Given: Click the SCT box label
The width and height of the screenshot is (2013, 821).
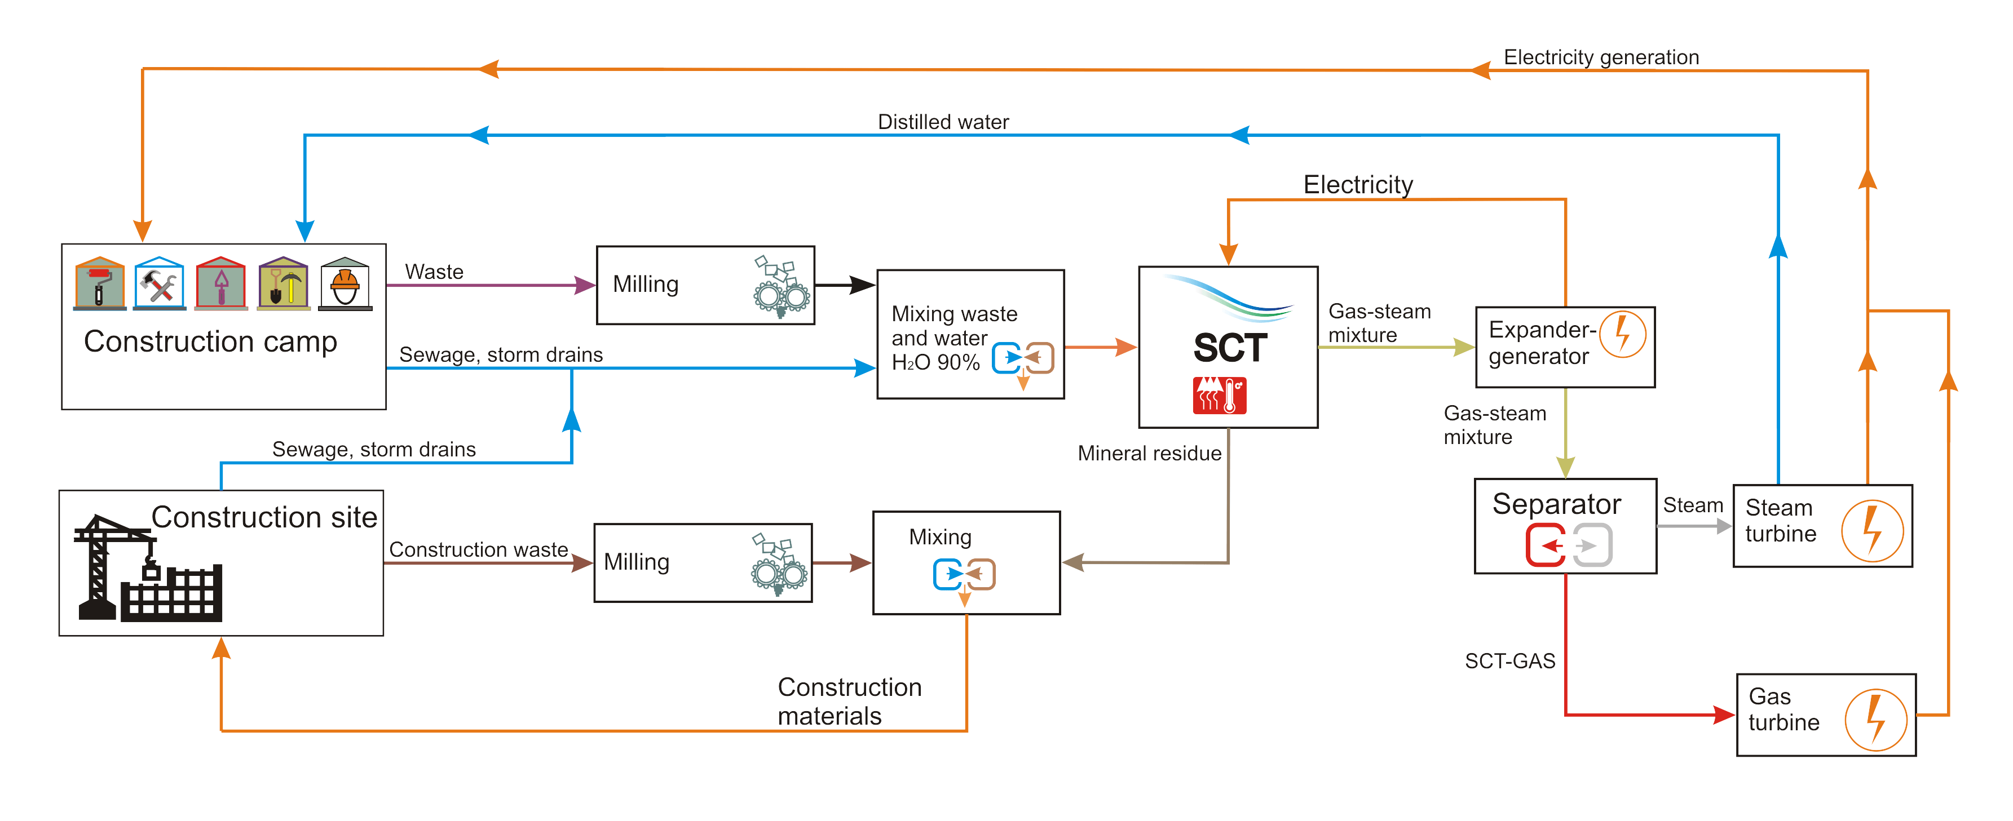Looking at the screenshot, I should pos(1229,348).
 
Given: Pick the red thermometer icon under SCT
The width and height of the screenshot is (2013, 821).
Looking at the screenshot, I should pos(1219,395).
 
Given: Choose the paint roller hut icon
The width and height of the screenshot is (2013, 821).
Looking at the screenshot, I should pos(99,283).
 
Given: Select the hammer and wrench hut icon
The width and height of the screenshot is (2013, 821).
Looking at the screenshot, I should pos(160,283).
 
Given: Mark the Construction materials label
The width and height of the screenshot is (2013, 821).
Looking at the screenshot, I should pos(849,701).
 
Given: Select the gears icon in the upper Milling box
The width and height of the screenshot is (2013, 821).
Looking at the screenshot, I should pos(780,287).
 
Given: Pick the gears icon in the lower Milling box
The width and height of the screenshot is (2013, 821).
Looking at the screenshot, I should pos(778,565).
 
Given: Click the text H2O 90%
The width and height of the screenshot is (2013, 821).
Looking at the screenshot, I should pos(935,362).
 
